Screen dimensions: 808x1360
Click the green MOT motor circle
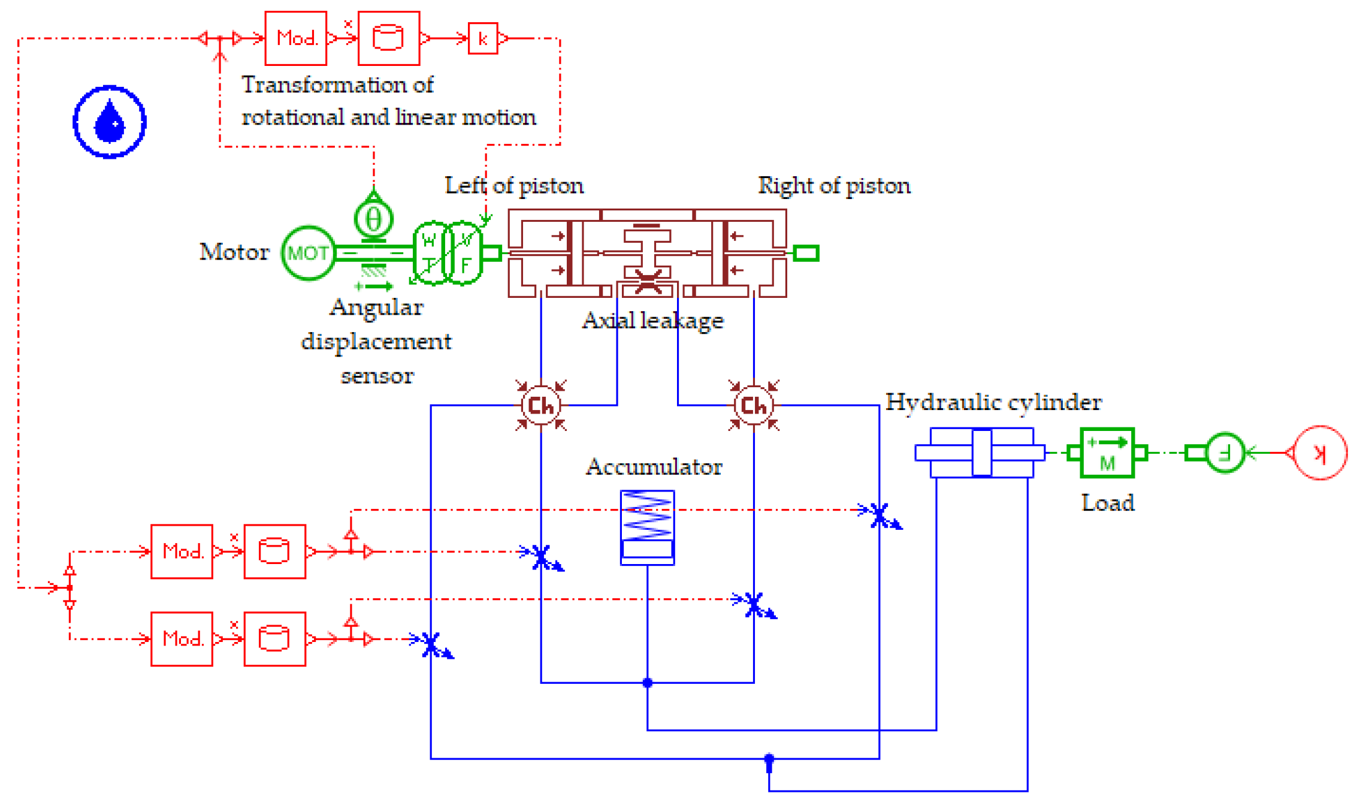(308, 253)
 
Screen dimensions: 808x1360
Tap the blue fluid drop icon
(110, 122)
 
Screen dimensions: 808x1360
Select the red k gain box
(482, 38)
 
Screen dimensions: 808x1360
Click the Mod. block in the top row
(296, 38)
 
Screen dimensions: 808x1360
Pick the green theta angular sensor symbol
(373, 219)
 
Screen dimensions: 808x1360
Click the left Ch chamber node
(541, 406)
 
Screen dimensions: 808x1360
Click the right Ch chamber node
(754, 406)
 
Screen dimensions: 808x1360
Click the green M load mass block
(1107, 453)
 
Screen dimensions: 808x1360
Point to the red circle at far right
(1320, 453)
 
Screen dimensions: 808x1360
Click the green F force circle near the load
(1225, 453)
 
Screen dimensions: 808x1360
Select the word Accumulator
(654, 467)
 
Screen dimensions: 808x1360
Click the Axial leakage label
(652, 321)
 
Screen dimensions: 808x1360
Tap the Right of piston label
(834, 186)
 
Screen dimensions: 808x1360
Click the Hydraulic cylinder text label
(993, 402)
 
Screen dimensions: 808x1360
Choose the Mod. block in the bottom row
(182, 639)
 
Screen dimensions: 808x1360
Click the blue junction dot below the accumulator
(647, 683)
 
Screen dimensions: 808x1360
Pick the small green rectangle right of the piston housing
(806, 253)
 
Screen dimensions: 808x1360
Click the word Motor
(234, 252)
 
